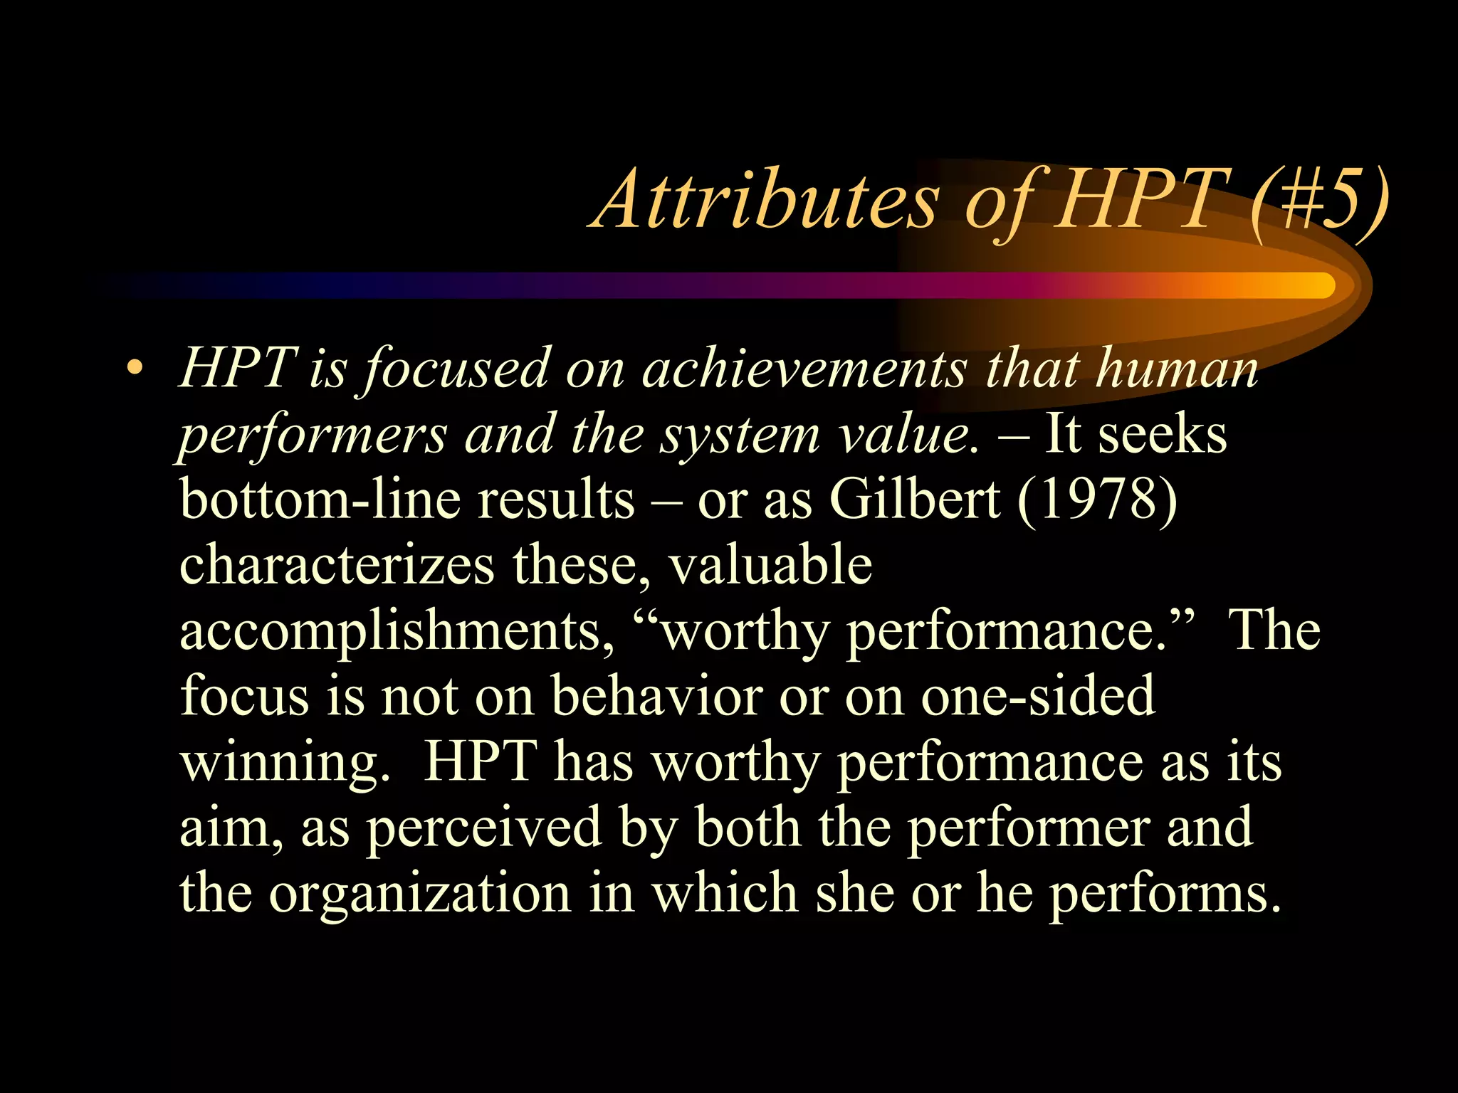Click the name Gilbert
[915, 500]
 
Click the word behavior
[656, 696]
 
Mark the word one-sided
[1037, 696]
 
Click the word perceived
[484, 828]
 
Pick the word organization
[420, 894]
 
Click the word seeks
[1163, 434]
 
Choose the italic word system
[740, 435]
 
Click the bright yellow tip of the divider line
[1317, 285]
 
